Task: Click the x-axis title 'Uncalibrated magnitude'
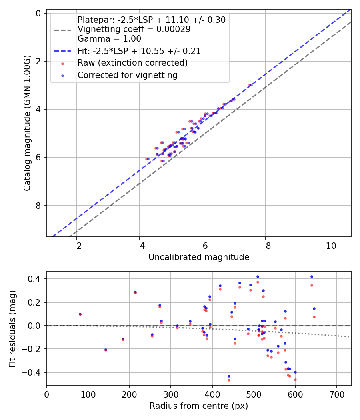tap(199, 257)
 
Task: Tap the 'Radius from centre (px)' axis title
tap(199, 406)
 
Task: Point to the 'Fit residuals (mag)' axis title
tap(13, 328)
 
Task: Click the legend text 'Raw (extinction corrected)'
tap(132, 63)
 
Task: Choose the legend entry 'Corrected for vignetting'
tap(128, 75)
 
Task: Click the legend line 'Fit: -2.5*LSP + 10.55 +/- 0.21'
tap(63, 51)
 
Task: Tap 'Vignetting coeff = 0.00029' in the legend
tap(134, 29)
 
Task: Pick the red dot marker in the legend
tap(63, 63)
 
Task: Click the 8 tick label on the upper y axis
tap(39, 206)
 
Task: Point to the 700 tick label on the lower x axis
tap(336, 394)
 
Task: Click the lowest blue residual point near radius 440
tap(229, 376)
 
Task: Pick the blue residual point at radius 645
tap(314, 308)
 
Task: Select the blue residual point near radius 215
tap(135, 292)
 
